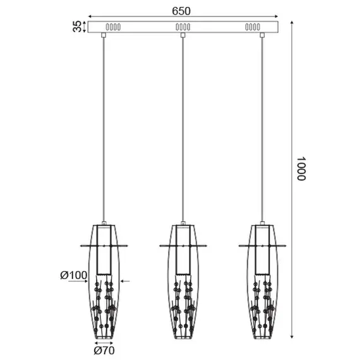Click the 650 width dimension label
[181, 10]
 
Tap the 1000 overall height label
[301, 169]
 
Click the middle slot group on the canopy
[182, 27]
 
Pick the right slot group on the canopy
[252, 27]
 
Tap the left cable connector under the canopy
[104, 35]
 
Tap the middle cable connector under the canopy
[183, 35]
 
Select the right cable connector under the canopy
[262, 35]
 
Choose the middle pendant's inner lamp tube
[183, 249]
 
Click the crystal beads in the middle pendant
[183, 303]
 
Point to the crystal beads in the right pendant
[262, 303]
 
